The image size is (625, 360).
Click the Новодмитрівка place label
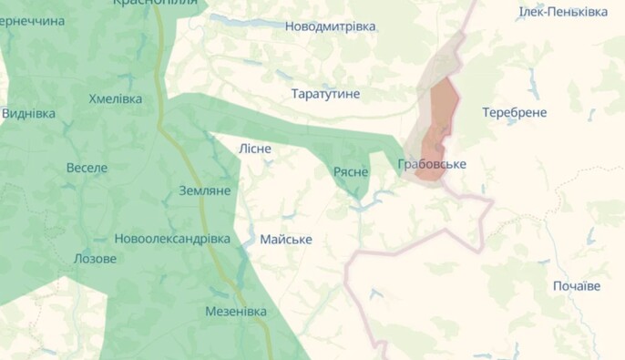(330, 26)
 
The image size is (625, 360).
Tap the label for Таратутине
(325, 94)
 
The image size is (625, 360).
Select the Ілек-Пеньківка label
(563, 12)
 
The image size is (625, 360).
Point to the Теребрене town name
(515, 112)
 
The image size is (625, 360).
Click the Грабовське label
(432, 164)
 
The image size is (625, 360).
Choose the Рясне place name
(351, 171)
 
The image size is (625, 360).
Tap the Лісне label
(254, 149)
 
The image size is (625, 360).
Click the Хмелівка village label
(116, 98)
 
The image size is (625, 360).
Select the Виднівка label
(28, 114)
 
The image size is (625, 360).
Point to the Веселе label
(87, 168)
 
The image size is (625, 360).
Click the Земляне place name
(204, 190)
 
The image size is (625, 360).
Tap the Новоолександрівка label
(172, 239)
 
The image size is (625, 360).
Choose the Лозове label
(95, 258)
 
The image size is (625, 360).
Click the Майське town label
(286, 240)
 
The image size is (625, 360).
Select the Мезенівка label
(236, 312)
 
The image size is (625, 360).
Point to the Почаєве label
(577, 286)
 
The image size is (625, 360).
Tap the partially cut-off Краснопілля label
(155, 4)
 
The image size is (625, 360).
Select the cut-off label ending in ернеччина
(33, 20)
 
